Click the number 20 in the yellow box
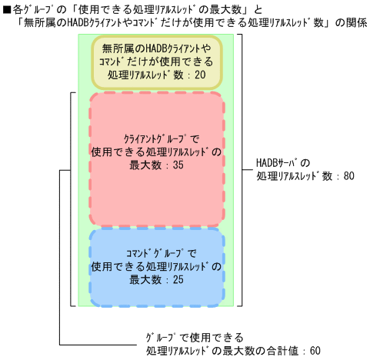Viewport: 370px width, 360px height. point(200,76)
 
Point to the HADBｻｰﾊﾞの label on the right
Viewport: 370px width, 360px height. point(282,162)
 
